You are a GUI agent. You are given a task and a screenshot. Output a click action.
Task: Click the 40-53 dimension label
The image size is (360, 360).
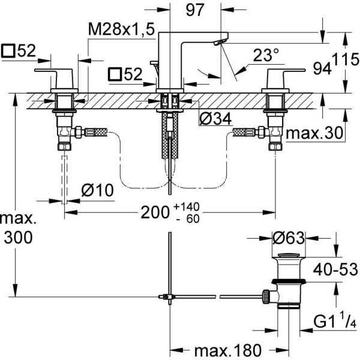pyautogui.click(x=332, y=269)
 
